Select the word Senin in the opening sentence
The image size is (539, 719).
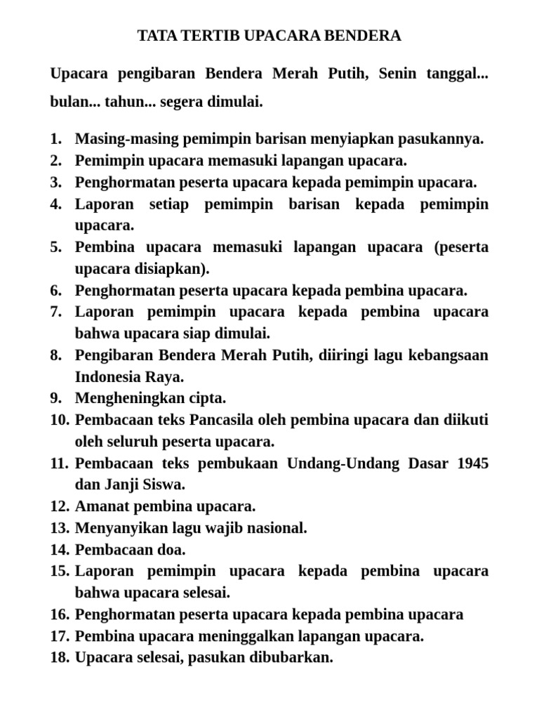(398, 74)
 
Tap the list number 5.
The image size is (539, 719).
(56, 247)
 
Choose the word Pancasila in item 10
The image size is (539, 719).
(226, 420)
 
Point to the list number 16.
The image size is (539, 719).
(59, 615)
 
